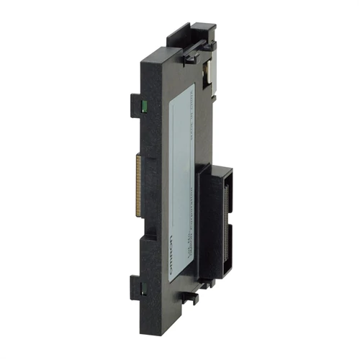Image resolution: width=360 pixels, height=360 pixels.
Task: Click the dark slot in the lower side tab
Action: coord(143,292)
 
